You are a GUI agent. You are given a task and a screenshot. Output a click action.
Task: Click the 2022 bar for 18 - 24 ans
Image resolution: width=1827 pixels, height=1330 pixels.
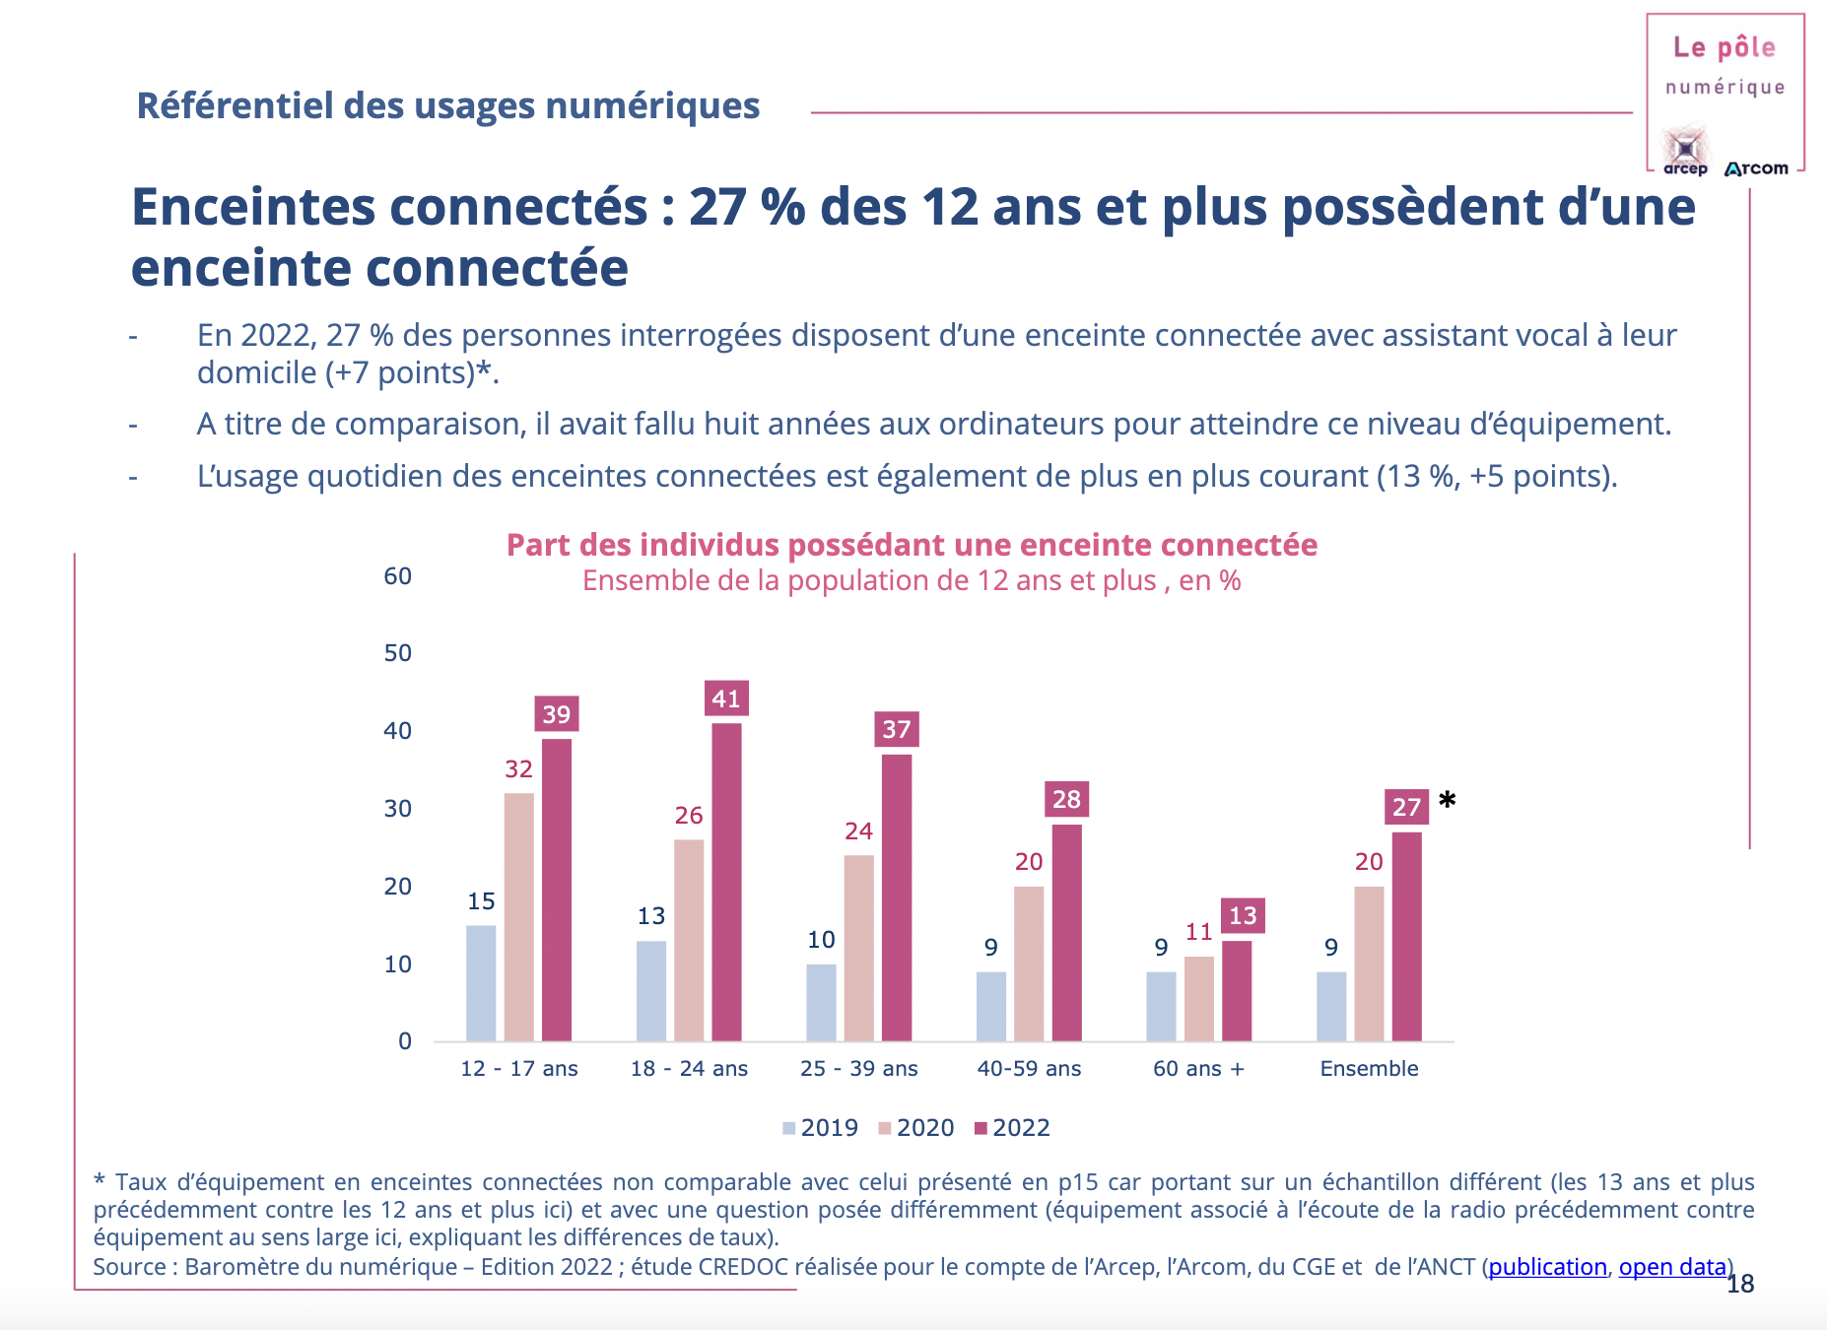coord(726,882)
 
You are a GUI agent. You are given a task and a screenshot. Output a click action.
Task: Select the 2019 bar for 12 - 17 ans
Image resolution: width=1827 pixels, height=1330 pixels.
coord(481,982)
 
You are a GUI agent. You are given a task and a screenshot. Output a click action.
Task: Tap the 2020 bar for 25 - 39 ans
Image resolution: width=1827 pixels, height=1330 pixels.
coord(858,948)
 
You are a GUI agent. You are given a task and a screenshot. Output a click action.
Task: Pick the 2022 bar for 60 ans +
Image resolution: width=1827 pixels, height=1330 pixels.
coord(1237,990)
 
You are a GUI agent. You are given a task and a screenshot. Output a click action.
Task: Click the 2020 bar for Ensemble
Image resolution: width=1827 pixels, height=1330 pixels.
coord(1369,964)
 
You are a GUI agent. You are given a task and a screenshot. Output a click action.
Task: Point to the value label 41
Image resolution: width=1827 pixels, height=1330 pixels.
coord(726,698)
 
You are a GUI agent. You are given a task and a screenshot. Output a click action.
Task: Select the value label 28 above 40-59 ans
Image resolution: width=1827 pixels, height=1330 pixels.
coord(1066,799)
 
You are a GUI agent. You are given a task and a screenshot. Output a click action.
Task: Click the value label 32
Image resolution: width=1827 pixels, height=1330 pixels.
coord(518,769)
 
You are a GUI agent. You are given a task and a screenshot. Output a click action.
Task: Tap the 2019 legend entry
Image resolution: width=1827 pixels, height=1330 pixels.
coord(820,1128)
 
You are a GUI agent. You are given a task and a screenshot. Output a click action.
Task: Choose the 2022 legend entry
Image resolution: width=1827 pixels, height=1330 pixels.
coord(1012,1128)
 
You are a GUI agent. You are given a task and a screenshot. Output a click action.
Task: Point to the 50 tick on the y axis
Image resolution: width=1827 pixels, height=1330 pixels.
coord(398,653)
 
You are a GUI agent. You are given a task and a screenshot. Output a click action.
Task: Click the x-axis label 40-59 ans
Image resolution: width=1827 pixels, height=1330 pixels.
coord(1029,1069)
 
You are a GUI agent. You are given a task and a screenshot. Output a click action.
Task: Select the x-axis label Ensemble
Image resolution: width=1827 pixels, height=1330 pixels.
coord(1369,1069)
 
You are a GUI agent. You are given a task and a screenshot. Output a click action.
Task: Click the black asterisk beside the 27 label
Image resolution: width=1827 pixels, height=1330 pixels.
coord(1447,800)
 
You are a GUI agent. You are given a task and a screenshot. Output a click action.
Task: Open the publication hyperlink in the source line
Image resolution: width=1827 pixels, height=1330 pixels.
coord(1547,1267)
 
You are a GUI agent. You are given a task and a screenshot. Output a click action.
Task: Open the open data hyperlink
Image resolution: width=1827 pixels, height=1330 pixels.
coord(1672,1267)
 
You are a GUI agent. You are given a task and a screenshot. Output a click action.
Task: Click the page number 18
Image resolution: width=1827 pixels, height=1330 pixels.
coord(1741,1284)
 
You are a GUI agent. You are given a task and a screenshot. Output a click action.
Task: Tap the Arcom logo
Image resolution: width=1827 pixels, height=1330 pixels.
coord(1757,168)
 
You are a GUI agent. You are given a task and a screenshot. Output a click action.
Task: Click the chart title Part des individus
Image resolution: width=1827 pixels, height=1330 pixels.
coord(912,545)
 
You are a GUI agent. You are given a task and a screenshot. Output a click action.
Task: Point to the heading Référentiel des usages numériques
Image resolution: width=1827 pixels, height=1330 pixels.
coord(448,106)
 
